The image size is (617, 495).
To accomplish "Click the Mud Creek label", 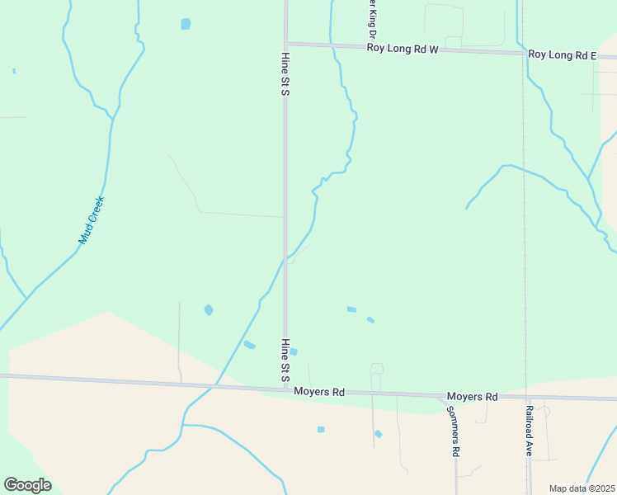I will [92, 219].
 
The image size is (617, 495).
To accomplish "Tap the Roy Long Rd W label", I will [403, 49].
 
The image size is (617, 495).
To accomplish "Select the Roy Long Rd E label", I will [562, 55].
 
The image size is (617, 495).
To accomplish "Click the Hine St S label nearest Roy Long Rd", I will [285, 73].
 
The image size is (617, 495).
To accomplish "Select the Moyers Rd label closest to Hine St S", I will [318, 392].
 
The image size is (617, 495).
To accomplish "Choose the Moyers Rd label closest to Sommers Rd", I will [472, 397].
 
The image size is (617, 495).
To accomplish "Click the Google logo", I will [27, 484].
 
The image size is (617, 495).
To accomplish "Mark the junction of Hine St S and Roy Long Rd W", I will [286, 44].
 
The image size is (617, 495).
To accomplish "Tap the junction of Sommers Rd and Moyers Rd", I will [455, 395].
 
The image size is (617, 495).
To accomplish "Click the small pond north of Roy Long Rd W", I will [186, 24].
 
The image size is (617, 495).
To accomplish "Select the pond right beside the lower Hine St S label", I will [294, 351].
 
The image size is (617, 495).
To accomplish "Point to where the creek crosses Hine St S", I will [286, 258].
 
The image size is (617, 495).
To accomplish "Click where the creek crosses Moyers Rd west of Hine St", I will [216, 384].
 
